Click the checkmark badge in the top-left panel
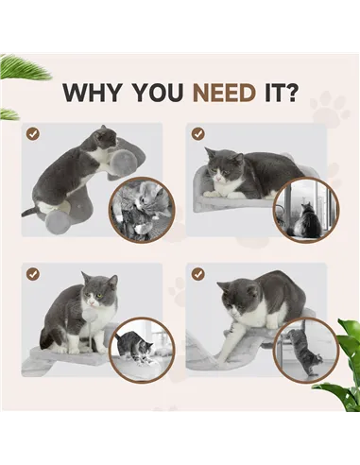tap(33, 134)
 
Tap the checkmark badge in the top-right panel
tap(197, 134)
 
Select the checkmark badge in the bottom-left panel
tap(33, 274)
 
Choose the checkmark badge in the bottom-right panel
tap(197, 274)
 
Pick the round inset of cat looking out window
tap(304, 209)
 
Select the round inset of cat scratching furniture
tap(304, 349)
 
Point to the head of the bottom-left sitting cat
tap(97, 288)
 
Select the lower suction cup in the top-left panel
tap(58, 219)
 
